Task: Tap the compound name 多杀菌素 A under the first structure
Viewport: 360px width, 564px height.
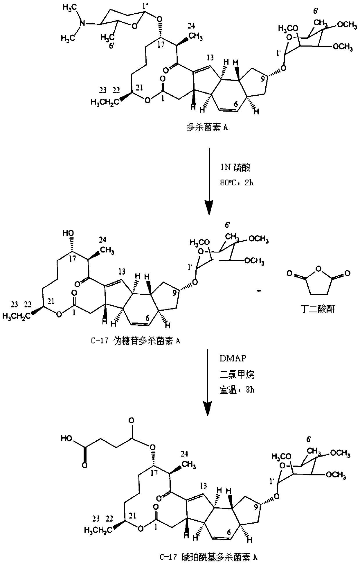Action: click(206, 128)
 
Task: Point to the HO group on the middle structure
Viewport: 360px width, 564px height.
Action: click(69, 233)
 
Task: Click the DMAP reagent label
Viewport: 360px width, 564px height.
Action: click(232, 358)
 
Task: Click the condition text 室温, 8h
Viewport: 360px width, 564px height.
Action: click(236, 390)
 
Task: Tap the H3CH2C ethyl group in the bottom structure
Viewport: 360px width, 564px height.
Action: click(98, 530)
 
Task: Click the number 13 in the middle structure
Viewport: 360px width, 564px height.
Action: click(122, 271)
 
